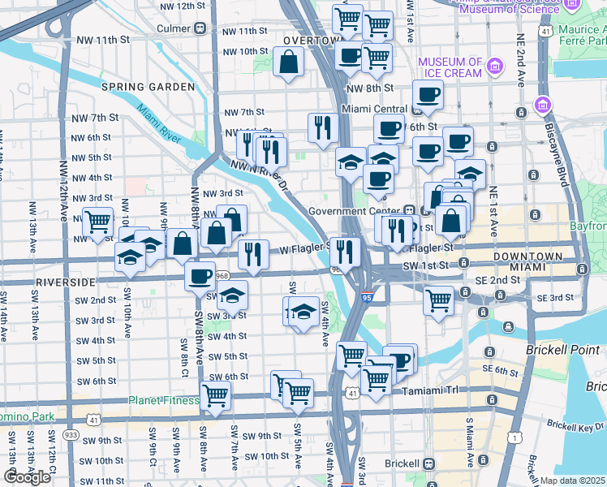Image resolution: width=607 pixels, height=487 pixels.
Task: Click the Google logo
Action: [x=27, y=477]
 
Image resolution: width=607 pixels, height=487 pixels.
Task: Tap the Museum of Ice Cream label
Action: [x=450, y=67]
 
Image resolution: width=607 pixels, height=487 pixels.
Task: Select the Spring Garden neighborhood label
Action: [x=148, y=87]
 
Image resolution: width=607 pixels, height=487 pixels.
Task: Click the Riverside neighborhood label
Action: [x=65, y=282]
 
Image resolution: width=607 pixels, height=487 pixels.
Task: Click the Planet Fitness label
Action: [x=163, y=400]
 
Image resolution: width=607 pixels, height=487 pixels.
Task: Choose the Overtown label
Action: [x=311, y=41]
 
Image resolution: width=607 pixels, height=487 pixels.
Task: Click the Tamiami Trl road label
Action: [x=431, y=390]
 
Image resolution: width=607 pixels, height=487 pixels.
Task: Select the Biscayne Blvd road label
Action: [x=562, y=162]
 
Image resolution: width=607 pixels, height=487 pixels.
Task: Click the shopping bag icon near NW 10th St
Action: [x=288, y=62]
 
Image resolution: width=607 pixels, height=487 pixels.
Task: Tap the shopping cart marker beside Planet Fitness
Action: [x=215, y=395]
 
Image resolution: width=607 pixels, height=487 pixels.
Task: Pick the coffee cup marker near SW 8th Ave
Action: [x=200, y=275]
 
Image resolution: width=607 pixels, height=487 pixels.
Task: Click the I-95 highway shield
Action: [x=367, y=298]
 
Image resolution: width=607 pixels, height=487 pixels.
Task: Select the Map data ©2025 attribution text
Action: [x=572, y=481]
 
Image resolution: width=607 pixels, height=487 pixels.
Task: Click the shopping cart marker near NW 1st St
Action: [x=97, y=220]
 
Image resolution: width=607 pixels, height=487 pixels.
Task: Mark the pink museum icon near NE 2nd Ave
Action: [x=542, y=105]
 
